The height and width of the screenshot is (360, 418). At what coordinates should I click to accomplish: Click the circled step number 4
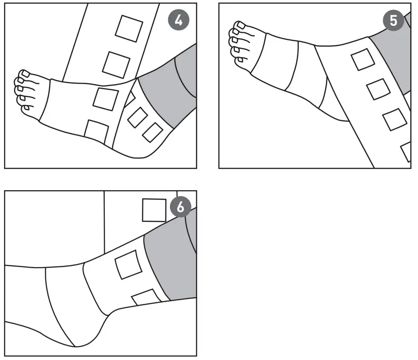click(180, 21)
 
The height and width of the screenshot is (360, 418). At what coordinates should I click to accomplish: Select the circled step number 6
click(180, 207)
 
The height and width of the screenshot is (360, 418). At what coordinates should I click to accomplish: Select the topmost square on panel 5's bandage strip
click(363, 59)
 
